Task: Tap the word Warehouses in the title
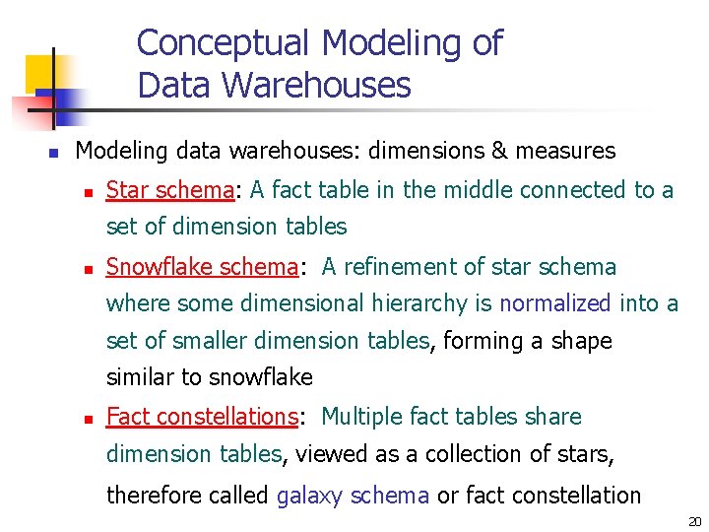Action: (317, 86)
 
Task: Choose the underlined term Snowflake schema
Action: (202, 267)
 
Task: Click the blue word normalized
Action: (555, 303)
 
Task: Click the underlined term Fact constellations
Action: (202, 417)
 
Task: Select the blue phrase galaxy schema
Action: (353, 496)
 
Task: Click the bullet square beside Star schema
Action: (87, 192)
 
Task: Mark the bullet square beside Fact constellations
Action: (87, 419)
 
